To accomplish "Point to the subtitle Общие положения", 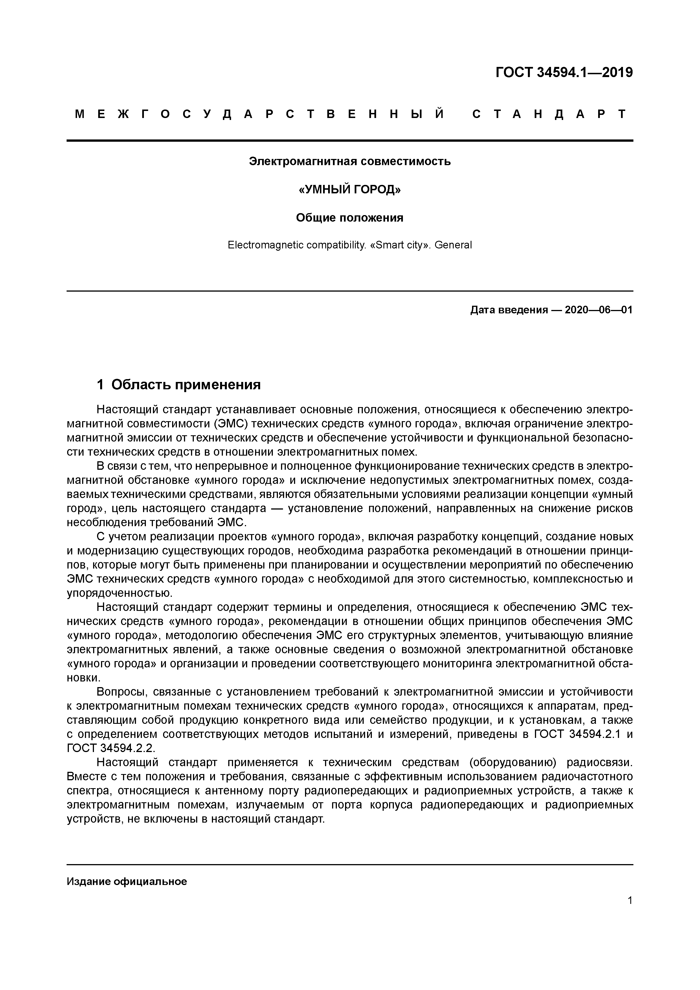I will tap(350, 218).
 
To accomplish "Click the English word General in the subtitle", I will tap(453, 245).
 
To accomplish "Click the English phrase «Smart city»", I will tap(400, 245).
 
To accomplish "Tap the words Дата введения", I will tap(509, 310).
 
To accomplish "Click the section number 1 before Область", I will tap(100, 384).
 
